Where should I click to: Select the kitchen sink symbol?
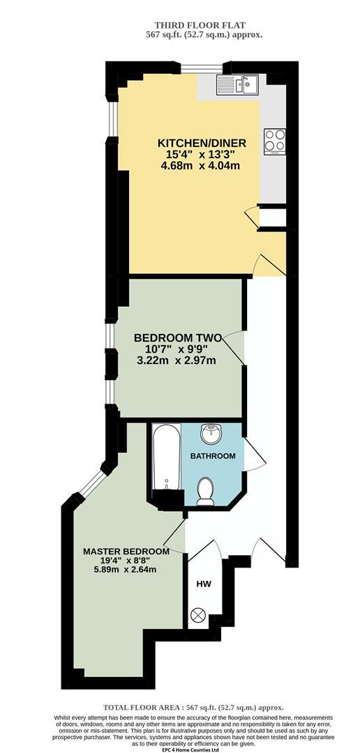[237, 85]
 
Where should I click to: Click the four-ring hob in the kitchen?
[274, 141]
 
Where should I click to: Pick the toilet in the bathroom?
[206, 491]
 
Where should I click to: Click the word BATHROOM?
[213, 457]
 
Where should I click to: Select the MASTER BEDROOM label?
[126, 551]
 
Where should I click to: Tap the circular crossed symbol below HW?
[200, 616]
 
